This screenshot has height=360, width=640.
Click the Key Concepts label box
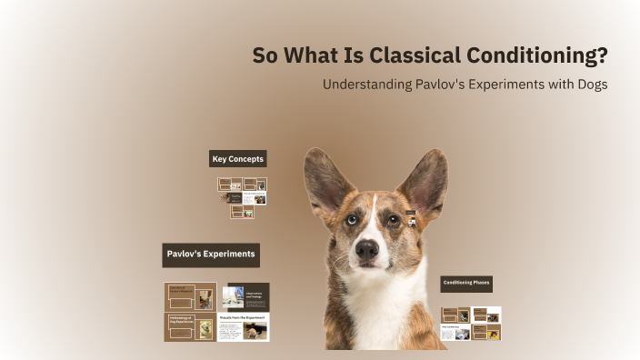pos(238,159)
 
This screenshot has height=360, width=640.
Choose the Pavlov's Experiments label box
pos(211,255)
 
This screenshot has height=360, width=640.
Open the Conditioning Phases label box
pos(466,284)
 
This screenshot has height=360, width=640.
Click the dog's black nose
pos(368,248)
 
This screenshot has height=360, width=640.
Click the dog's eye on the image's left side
pos(352,219)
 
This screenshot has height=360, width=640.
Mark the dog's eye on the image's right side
pos(394,219)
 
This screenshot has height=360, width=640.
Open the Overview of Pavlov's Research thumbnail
pos(190,296)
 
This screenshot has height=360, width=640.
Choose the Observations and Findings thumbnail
pos(245,295)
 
